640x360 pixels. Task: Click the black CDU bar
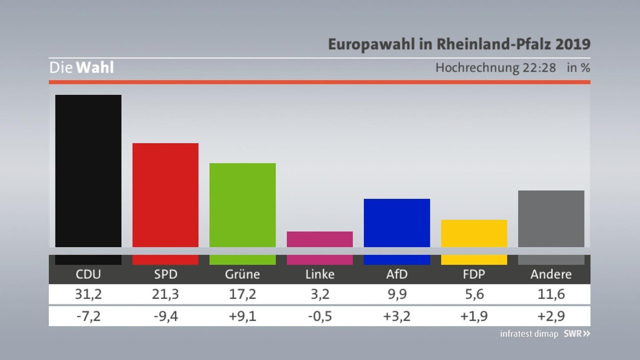(x=88, y=171)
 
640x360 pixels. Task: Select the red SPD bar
(x=165, y=195)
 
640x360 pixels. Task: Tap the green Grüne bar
(x=243, y=205)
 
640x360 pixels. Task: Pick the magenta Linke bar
(x=320, y=240)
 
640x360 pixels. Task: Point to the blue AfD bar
(x=397, y=223)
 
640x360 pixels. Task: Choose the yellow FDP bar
(x=474, y=233)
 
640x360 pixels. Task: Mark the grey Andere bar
(x=551, y=219)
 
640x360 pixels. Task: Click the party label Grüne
(x=243, y=274)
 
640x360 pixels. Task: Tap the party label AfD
(x=397, y=274)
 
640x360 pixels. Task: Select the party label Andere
(x=551, y=274)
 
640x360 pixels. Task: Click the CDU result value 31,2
(x=88, y=294)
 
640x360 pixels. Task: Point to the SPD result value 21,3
(x=165, y=294)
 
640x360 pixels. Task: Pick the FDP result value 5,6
(x=474, y=294)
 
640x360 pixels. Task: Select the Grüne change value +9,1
(x=243, y=316)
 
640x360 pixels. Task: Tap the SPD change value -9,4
(x=166, y=316)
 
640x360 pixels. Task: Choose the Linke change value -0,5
(x=320, y=316)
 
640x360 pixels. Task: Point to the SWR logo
(x=577, y=333)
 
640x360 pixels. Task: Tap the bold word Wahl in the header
(x=95, y=68)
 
